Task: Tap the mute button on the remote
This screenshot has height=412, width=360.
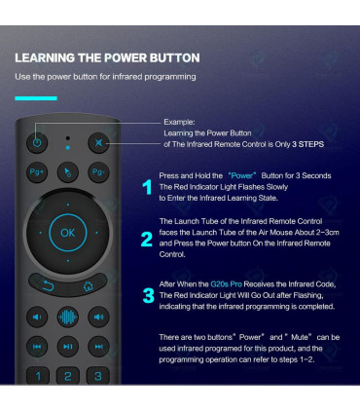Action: tap(98, 142)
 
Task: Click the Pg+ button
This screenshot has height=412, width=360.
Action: tap(37, 171)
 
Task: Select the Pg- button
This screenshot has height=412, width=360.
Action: tap(98, 171)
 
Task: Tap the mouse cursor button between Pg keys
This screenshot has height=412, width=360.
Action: tap(67, 172)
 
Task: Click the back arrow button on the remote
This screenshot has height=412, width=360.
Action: tap(48, 285)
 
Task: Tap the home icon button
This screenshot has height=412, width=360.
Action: tap(88, 285)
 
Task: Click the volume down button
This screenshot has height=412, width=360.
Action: tap(37, 317)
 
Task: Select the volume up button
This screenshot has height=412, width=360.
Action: tap(98, 317)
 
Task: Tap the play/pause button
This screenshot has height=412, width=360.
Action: tap(68, 347)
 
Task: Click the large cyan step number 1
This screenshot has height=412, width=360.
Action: tap(147, 187)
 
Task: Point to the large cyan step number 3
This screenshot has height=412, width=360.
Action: tap(149, 296)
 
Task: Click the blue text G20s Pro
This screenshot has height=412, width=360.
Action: tap(226, 284)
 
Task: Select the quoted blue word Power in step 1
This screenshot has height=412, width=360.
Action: tap(242, 175)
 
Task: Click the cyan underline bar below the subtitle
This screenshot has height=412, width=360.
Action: tap(36, 98)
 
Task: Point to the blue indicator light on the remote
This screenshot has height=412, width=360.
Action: tap(67, 147)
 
